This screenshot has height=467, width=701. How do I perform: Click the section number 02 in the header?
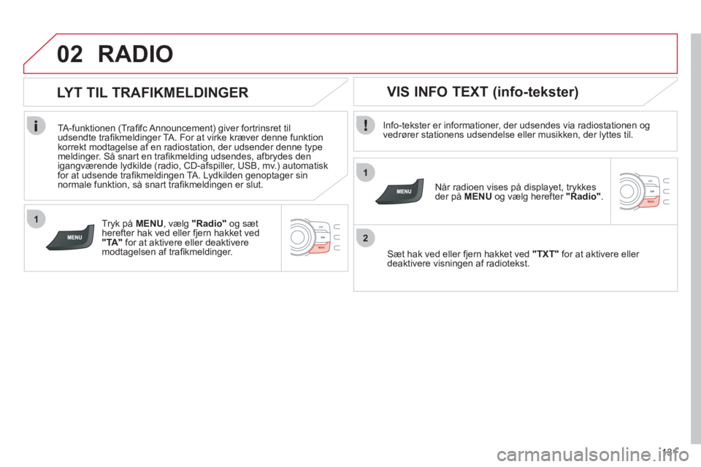point(70,54)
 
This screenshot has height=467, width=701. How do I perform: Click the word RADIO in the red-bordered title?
point(136,54)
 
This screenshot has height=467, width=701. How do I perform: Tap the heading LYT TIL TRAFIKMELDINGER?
point(153,93)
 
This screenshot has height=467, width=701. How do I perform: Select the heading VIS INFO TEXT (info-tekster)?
point(483,92)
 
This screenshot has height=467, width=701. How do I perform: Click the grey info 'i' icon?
point(36,125)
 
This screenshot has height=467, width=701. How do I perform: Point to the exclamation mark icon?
point(366,125)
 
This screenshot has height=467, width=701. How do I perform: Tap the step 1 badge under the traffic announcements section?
point(37,219)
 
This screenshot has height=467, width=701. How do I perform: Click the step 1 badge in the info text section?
point(366,172)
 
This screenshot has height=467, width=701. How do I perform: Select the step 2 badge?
point(366,238)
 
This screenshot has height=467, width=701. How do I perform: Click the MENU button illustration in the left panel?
point(72,237)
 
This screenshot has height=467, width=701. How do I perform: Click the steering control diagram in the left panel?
point(315,237)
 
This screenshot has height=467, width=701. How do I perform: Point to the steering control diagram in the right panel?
point(644,191)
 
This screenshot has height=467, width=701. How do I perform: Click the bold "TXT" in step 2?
point(545,254)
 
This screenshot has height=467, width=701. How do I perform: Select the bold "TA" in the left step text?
point(112,243)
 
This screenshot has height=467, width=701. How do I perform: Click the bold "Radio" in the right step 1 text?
point(583,196)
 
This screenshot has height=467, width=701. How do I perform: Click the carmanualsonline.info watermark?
point(593,455)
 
